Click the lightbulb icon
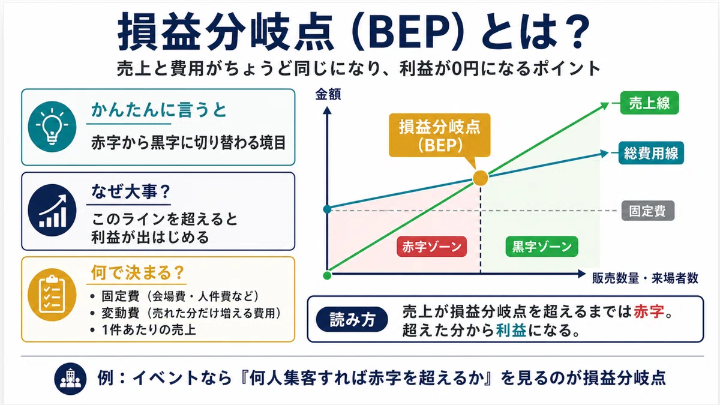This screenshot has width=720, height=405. coord(52,127)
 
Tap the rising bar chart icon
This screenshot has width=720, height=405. coord(52,210)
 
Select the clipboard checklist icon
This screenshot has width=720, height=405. coord(52,295)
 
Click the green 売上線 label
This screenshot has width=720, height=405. coord(649,103)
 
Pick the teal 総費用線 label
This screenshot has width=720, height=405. coord(651,153)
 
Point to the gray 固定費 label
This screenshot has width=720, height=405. coord(647,211)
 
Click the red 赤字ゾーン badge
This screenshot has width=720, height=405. coord(431,247)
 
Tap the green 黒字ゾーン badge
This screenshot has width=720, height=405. coord(542,247)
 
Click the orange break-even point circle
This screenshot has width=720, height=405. coord(481,178)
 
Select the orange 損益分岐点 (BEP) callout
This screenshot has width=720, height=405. coord(440,136)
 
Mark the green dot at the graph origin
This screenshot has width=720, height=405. coord(327,275)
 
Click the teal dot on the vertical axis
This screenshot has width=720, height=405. coord(327,209)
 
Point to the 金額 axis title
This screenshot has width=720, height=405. coord(328,95)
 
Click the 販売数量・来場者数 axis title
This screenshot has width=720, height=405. coord(645,278)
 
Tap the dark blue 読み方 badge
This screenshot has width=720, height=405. coord(352,319)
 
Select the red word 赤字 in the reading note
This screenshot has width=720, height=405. coord(649,311)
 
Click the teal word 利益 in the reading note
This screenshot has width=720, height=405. coord(511,330)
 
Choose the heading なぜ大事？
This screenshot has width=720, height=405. coord(131,191)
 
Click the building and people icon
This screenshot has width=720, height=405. coord(70,379)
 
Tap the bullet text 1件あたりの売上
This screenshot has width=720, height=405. coord(149,330)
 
